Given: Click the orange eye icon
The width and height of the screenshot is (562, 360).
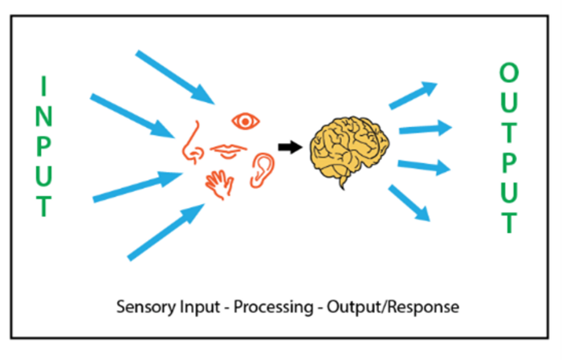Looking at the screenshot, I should (246, 121).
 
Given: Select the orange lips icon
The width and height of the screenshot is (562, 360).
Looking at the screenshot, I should (230, 150).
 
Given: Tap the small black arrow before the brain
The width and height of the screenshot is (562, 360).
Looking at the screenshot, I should (288, 147).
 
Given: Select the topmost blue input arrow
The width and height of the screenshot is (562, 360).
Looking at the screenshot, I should (175, 77).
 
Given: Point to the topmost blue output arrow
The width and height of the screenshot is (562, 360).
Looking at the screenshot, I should (413, 95).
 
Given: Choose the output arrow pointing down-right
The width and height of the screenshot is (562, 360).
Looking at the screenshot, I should (410, 202).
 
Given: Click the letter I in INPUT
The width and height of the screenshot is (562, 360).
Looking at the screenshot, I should (45, 85).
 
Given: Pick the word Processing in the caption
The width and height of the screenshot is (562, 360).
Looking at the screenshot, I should (268, 308).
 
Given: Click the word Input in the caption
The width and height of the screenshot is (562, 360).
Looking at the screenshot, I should (198, 308).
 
